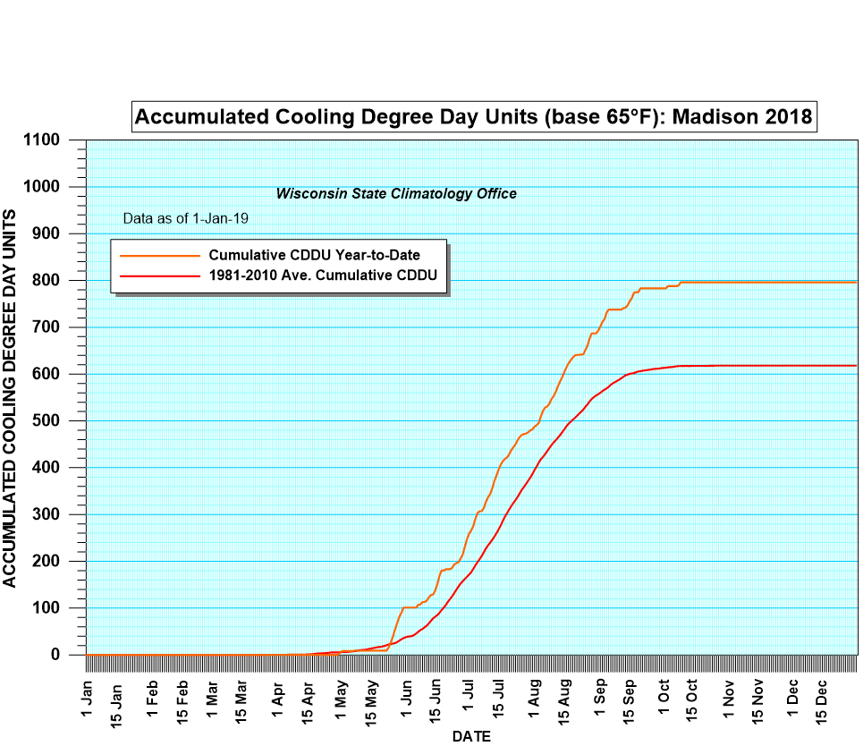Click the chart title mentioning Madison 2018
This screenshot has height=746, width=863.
coord(473,116)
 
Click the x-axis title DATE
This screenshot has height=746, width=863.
coord(470,736)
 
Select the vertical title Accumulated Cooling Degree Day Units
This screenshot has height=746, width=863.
coord(10,398)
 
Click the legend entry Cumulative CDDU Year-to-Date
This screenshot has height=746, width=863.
coord(315,256)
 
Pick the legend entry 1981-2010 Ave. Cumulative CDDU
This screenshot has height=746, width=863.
coord(323,275)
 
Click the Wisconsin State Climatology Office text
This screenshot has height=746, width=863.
coord(396,193)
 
